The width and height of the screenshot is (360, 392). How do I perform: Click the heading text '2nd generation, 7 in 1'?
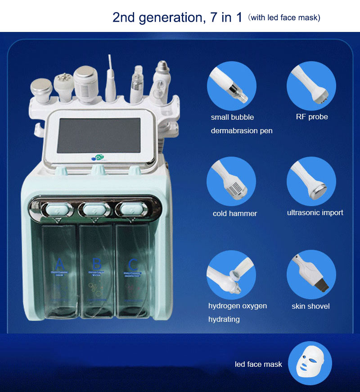pos(177,18)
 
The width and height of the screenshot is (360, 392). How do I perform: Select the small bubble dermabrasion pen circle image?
pos(231,86)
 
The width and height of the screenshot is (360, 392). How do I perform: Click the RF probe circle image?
pos(311,86)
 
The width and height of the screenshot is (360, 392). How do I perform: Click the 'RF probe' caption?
pos(311,117)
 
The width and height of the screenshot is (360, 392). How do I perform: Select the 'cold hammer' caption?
pos(235,214)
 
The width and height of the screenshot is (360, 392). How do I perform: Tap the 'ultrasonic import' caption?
pos(315,212)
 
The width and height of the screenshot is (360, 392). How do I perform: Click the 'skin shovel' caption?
pos(310,306)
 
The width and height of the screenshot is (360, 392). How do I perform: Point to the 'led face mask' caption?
pos(258,364)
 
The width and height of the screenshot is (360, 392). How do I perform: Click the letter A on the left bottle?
pos(59,264)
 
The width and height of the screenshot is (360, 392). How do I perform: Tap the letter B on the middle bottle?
pos(96,264)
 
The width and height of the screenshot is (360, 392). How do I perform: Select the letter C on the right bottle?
pos(133,264)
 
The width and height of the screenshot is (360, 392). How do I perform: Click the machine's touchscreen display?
pos(99,135)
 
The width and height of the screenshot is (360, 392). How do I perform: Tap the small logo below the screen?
pos(97,158)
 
